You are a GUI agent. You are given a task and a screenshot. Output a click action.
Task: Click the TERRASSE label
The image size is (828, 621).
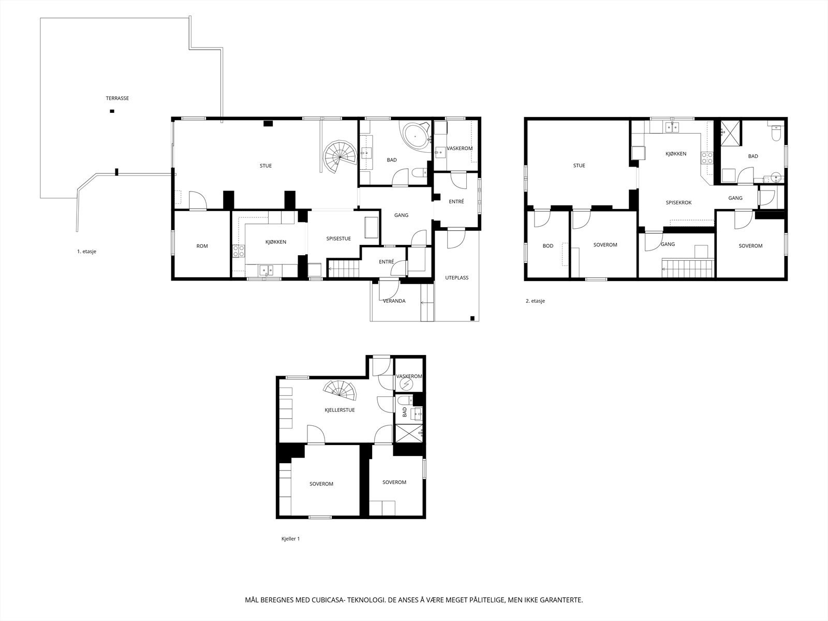coord(117,98)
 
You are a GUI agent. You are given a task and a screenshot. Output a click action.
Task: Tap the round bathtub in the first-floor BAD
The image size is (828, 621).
coord(416,136)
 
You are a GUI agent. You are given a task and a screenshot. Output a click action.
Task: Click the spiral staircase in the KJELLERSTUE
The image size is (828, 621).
coord(340,390)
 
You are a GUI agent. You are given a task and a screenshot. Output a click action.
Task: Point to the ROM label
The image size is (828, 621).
coord(202,246)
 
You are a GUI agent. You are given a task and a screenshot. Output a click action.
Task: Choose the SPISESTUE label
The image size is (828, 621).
coord(339,239)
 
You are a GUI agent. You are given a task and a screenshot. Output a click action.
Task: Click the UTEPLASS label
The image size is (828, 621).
coord(457,278)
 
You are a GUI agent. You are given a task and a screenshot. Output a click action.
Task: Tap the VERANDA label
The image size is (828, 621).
coord(394,301)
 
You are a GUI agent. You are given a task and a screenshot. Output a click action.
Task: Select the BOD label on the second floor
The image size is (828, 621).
coord(548,246)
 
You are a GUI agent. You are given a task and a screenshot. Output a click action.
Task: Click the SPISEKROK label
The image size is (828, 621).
coord(679,203)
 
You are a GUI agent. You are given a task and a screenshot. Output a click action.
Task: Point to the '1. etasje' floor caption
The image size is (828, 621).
coord(87,252)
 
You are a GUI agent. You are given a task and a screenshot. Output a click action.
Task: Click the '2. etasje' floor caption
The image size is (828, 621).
coord(535,301)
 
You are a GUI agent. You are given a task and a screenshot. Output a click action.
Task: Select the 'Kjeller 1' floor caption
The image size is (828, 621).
coord(290,539)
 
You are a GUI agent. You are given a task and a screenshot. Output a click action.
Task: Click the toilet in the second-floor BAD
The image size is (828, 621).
coord(776,132)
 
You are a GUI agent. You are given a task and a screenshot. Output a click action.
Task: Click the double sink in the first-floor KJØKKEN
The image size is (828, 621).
coord(267,270)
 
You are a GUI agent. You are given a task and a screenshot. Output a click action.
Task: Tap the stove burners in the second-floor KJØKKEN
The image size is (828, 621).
coord(707,158)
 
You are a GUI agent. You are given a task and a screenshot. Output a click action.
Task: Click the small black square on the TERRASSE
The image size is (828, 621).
coord(112,111)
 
